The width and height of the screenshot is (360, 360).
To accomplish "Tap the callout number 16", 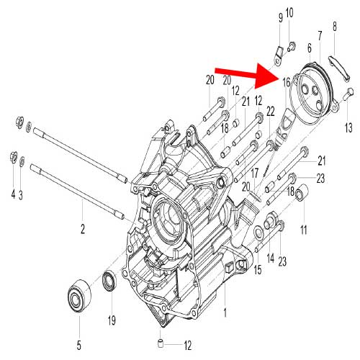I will (x=286, y=83).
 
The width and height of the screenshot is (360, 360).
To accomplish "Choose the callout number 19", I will (x=112, y=320).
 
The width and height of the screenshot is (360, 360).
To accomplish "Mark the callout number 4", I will (x=12, y=194).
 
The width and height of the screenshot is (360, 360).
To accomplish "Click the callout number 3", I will (x=22, y=194).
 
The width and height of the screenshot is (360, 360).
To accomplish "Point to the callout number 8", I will (x=335, y=27).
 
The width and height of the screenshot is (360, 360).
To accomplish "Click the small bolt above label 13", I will (x=348, y=91).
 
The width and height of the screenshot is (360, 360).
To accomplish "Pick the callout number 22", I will (x=270, y=112).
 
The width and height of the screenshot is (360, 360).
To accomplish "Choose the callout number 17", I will (x=254, y=173).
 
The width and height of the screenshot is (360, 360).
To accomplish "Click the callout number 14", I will (x=270, y=258).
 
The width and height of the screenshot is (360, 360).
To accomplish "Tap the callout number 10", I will (x=289, y=13).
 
